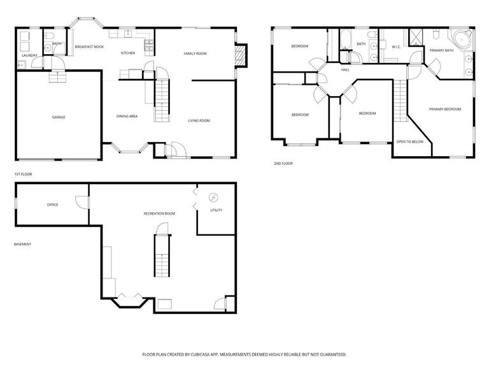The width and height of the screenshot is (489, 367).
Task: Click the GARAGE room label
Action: pos(59,117)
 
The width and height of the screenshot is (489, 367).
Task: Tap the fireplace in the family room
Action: pos(240,55)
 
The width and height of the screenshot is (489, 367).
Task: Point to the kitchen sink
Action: pos(128,33)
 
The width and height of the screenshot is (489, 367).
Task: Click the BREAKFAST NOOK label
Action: pos(89,47)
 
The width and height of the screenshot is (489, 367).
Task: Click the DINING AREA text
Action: pos(127,116)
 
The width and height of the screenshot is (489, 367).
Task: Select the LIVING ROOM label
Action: pos(199,120)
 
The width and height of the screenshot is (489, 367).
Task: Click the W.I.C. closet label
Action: pos(395,46)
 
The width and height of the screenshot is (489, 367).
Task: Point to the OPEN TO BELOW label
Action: pos(409,141)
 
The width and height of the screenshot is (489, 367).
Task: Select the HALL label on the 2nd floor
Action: pos(345,69)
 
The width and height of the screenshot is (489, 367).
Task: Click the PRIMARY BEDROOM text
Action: pos(444,109)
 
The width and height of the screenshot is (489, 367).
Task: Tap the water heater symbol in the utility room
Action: pos(214,197)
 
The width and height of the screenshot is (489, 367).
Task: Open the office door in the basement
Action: pos(81,201)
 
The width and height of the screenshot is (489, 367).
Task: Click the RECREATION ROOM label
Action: pos(159,213)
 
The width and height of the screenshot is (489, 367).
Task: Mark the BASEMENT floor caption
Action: pos(23,244)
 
